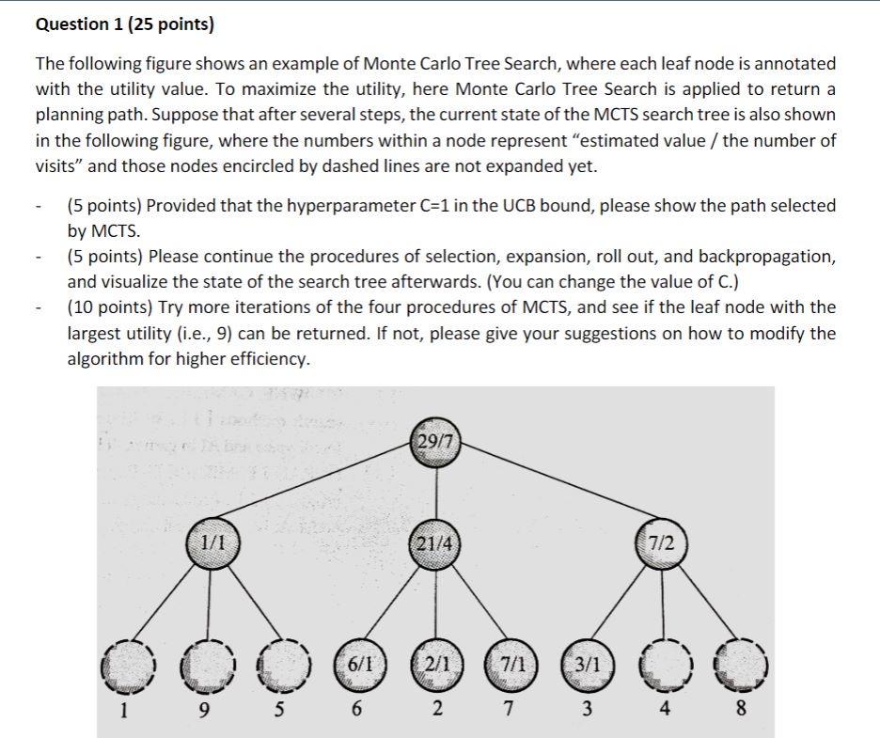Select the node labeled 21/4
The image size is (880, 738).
pos(435,542)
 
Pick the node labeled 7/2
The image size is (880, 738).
pos(667,542)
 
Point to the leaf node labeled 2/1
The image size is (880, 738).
pos(435,663)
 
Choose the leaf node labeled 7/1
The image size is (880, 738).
pos(511,663)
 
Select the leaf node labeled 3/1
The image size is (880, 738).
pos(587,663)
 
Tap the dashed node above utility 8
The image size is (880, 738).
pos(742,663)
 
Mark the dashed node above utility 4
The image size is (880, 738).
pos(665,663)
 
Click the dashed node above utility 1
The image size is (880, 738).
pos(128,663)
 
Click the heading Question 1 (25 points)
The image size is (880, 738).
pos(125,24)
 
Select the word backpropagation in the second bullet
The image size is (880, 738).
pos(763,256)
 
